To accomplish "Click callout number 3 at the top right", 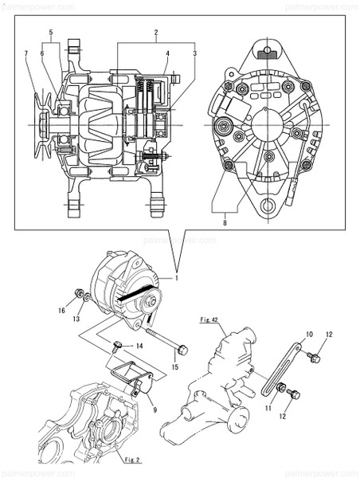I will (x=194, y=53).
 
